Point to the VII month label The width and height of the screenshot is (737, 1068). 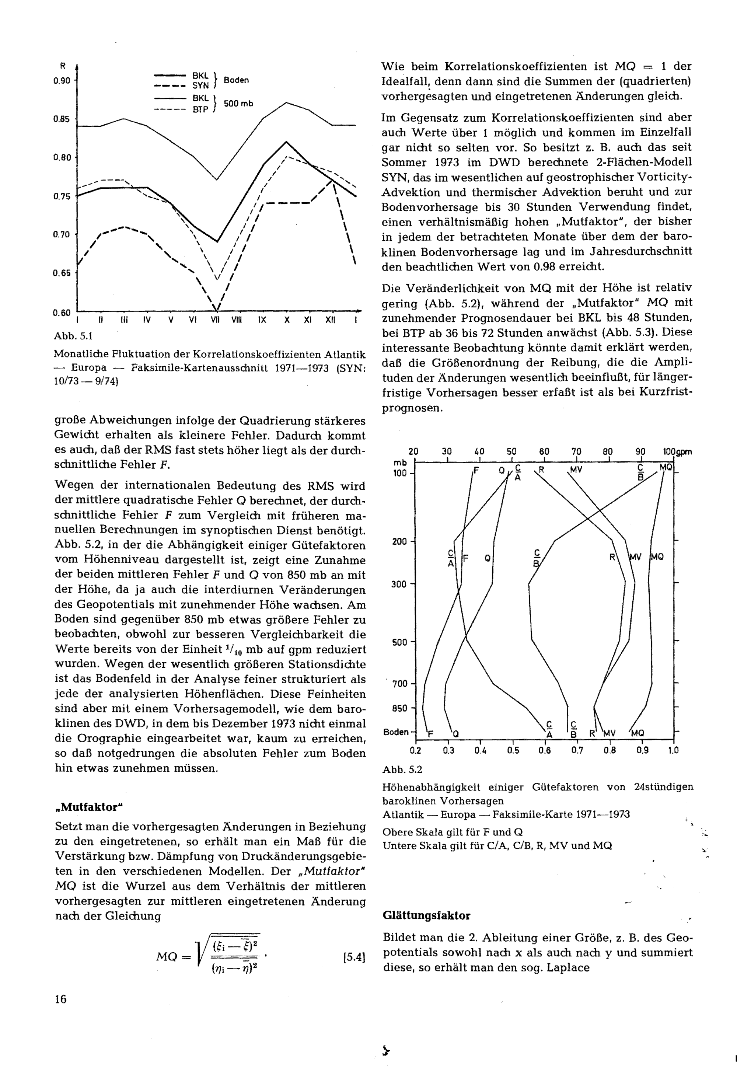[x=216, y=320]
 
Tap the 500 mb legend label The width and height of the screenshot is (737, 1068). [x=238, y=104]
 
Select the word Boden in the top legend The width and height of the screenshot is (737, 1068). [x=236, y=80]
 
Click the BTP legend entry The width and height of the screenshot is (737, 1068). [x=200, y=110]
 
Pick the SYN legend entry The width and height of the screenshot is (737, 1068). [x=200, y=86]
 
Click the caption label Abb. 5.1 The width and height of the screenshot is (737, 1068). [x=73, y=336]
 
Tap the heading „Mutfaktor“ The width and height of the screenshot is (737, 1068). [x=89, y=807]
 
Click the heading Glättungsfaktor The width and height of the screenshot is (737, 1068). [x=426, y=916]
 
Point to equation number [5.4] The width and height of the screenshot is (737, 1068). [x=354, y=957]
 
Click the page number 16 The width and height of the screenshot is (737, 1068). [x=60, y=999]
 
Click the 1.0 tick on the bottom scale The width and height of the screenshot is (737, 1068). [x=673, y=751]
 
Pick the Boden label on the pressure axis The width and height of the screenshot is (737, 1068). [x=396, y=732]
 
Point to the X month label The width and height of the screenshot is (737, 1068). [x=287, y=320]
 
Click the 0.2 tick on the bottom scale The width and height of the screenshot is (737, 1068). [x=415, y=751]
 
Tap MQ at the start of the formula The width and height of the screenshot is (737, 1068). [x=167, y=957]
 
